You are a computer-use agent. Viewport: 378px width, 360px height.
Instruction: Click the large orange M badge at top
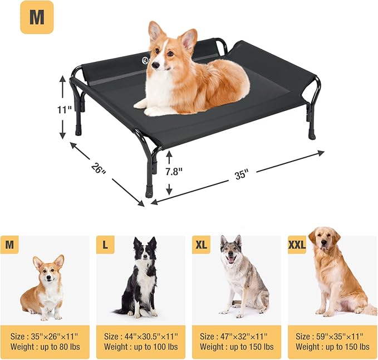(x=37, y=17)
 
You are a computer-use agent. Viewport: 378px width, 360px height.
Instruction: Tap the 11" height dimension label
(x=65, y=110)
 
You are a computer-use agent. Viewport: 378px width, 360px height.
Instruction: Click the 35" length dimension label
(x=241, y=174)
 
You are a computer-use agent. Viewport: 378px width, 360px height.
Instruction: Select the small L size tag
(x=105, y=245)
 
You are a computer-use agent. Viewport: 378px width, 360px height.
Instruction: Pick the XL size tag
(x=201, y=245)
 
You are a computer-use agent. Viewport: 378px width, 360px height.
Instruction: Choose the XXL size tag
(x=297, y=245)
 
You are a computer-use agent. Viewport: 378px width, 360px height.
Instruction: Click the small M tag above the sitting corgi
(x=9, y=245)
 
